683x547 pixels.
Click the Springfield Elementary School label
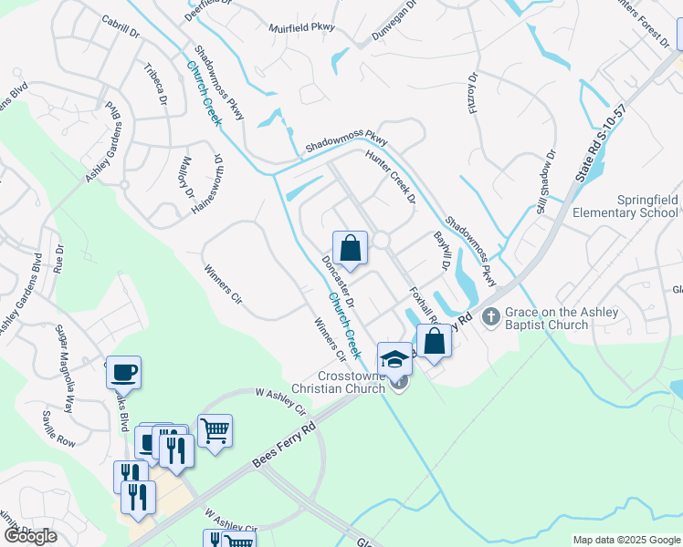(621, 206)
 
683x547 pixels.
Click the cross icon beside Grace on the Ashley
(491, 317)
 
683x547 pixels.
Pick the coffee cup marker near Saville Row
(123, 372)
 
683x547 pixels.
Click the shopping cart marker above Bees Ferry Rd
(215, 430)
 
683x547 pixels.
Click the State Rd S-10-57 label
(594, 128)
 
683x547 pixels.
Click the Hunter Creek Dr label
(390, 175)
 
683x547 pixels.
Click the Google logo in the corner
(30, 536)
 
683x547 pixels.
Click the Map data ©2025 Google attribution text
(626, 540)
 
